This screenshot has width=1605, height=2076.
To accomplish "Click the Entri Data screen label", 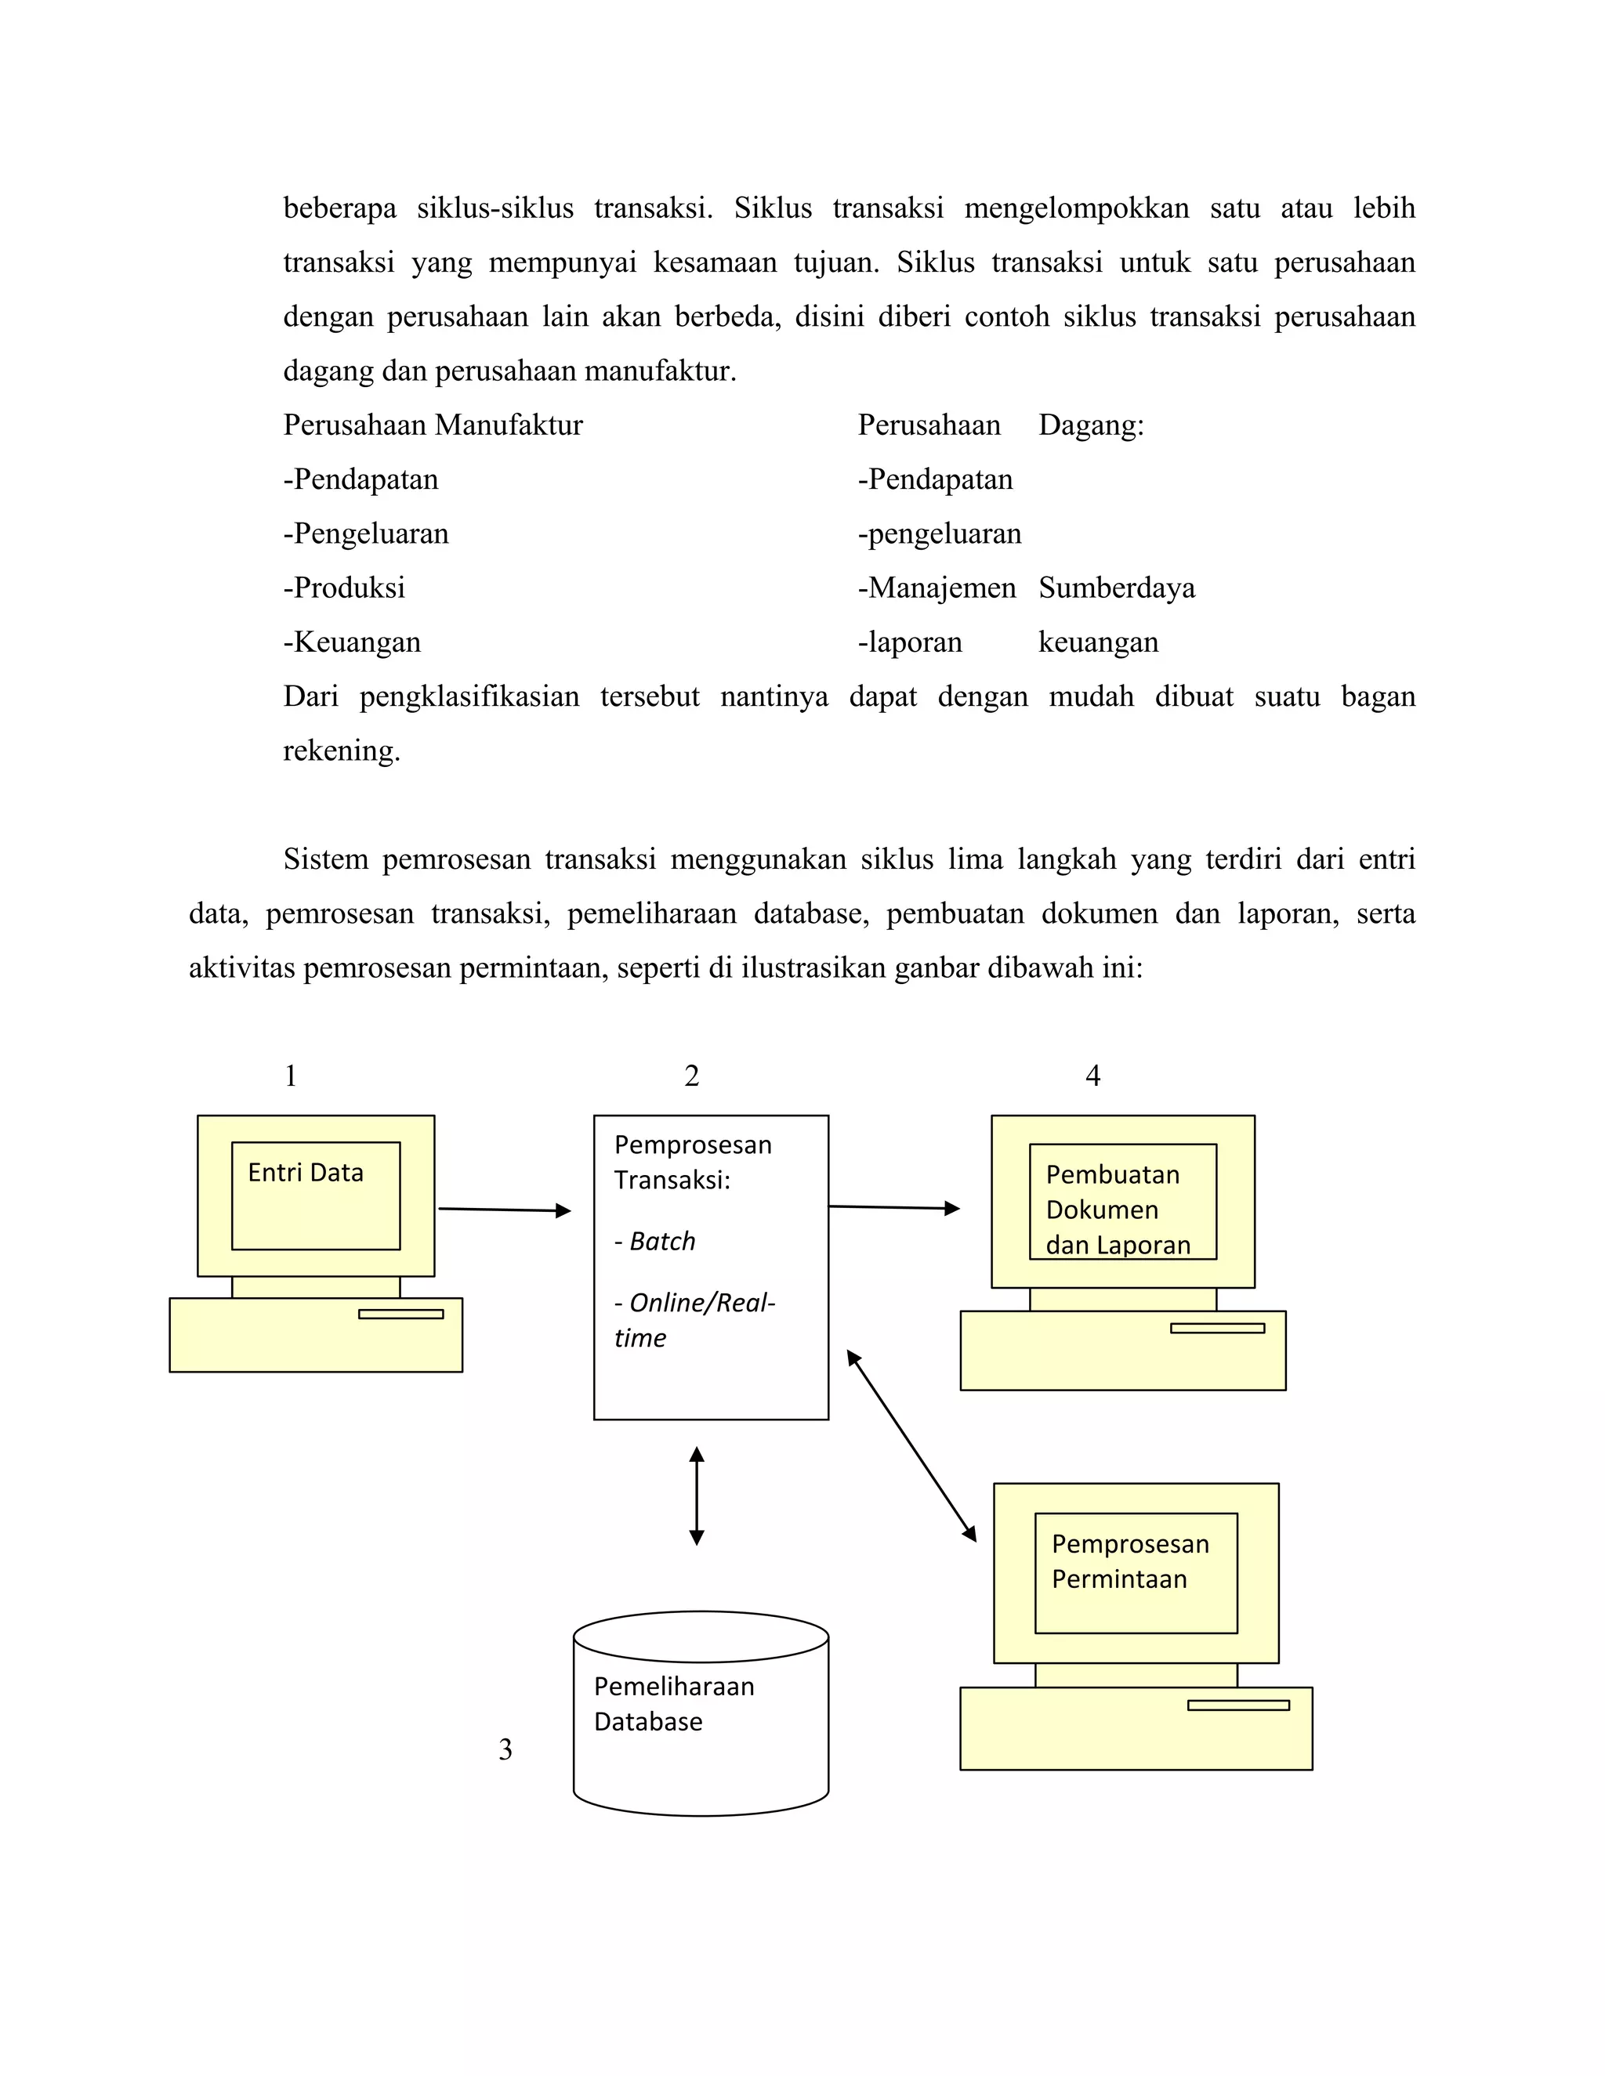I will click(305, 1172).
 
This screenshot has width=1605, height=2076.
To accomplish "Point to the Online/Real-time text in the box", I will click(694, 1319).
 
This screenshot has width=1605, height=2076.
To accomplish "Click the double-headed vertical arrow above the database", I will click(696, 1496).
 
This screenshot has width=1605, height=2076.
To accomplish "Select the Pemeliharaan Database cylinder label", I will click(673, 1703).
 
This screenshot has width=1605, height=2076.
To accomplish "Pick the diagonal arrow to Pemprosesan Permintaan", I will click(911, 1445).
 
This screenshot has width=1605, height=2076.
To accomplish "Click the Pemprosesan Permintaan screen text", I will click(1129, 1561).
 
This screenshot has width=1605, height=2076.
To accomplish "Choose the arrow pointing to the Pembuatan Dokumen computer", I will click(893, 1207).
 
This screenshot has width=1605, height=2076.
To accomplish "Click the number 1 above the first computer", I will click(291, 1076).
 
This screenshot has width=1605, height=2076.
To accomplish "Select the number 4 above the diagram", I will click(1092, 1076).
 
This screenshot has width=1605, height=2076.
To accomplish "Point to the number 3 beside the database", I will click(505, 1750).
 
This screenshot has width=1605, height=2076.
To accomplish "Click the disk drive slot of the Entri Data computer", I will click(400, 1314).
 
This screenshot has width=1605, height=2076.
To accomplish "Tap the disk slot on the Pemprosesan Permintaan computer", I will click(1238, 1705).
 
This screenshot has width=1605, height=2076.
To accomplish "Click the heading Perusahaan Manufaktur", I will click(433, 425).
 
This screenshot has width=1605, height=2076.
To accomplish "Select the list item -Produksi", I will click(344, 588).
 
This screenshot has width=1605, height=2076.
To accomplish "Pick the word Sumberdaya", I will click(1116, 588).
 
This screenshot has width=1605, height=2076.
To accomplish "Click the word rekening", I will click(342, 751).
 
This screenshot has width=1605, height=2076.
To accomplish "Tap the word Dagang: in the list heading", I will click(1091, 425).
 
